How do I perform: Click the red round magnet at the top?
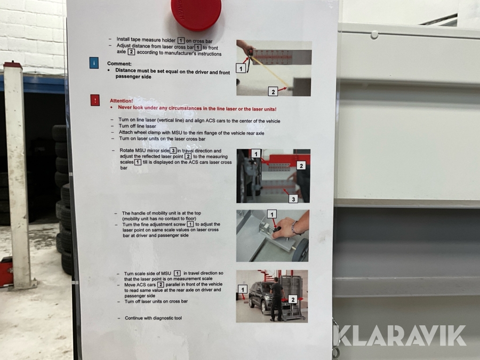coord(196,14)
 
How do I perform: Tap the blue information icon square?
coord(94,63)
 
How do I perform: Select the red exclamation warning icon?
coord(95,100)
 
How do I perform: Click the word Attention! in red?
coord(121,101)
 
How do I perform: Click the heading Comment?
coord(119,63)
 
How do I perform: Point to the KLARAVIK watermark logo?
coord(399,336)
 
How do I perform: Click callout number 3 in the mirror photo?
coord(293,199)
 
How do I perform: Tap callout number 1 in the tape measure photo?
coord(241,68)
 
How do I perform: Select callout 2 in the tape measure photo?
coord(273,91)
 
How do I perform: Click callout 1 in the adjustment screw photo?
coord(272,214)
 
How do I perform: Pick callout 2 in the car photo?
coord(293,299)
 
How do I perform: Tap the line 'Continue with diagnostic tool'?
coord(153,318)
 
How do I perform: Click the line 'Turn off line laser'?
coord(138,126)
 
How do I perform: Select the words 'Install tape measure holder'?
coord(146,39)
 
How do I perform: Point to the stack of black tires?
coord(62,199)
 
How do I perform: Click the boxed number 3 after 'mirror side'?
coord(173,150)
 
